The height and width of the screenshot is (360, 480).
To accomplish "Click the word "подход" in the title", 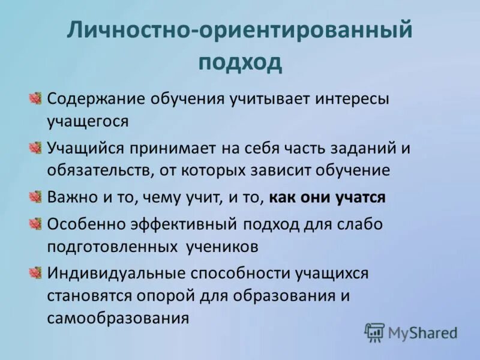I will (x=239, y=62).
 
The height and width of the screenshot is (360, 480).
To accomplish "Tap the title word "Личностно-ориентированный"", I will (x=239, y=29).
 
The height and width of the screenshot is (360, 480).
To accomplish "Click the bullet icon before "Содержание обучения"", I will (x=35, y=98).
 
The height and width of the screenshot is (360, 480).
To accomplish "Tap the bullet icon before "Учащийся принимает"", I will (x=35, y=148).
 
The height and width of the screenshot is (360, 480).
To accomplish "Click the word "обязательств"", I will (x=100, y=170).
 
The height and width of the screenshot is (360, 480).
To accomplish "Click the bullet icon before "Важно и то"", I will (x=35, y=197).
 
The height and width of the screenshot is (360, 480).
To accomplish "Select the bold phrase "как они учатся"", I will (x=327, y=197).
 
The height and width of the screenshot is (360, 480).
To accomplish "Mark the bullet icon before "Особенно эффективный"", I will (x=35, y=224).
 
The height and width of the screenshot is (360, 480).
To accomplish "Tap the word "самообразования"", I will (x=118, y=317).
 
